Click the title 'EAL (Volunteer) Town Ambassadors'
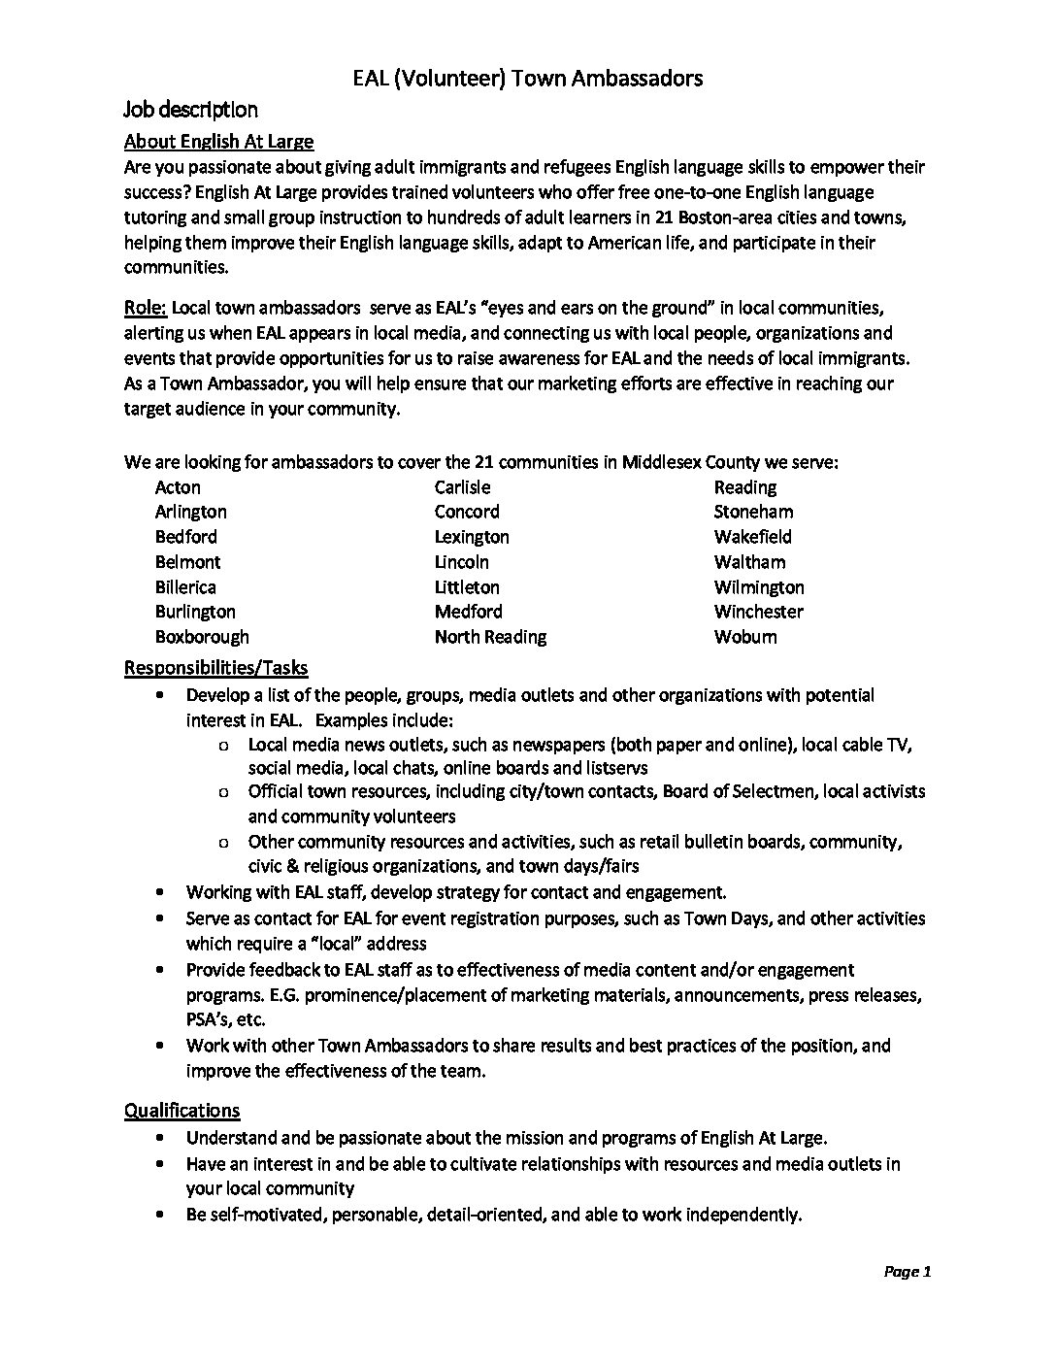pos(527,79)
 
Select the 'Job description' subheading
pos(190,109)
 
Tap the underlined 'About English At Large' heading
pos(218,141)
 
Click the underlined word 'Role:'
pos(146,308)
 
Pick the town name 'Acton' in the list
pos(178,487)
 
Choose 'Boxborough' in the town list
pos(202,637)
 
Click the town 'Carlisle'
pos(462,487)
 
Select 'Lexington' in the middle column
pos(472,537)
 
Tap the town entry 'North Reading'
pos(490,637)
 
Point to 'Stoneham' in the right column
pos(753,512)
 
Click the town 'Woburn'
pos(745,637)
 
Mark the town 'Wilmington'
pos(759,587)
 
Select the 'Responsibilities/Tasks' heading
pos(215,668)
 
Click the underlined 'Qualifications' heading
pos(181,1110)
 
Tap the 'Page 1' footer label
pos(907,1272)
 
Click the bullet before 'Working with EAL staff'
pos(159,892)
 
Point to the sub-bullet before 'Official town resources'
pos(224,792)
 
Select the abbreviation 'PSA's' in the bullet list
pos(211,1019)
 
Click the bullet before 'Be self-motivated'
pos(159,1215)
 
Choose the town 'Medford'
pos(468,612)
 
